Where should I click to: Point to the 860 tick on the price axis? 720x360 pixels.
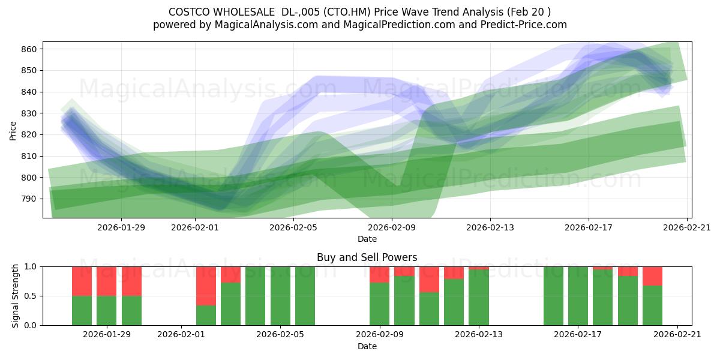(x=31, y=49)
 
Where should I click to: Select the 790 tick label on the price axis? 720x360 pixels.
(x=31, y=199)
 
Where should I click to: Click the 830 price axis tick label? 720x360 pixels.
(x=31, y=113)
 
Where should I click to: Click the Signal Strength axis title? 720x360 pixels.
(x=16, y=296)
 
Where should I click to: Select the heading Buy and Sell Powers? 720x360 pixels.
(x=367, y=257)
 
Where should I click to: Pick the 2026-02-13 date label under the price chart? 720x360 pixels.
(x=490, y=227)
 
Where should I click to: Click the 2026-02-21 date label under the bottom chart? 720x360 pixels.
(x=677, y=334)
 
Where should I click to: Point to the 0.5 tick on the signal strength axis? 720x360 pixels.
(x=31, y=296)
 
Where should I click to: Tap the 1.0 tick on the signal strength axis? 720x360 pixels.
(x=31, y=267)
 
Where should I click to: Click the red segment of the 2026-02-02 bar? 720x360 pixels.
(x=206, y=286)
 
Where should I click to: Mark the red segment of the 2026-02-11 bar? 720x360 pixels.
(x=429, y=279)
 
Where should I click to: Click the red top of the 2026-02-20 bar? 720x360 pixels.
(x=652, y=276)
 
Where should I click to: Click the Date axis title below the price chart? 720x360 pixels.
(x=367, y=239)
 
